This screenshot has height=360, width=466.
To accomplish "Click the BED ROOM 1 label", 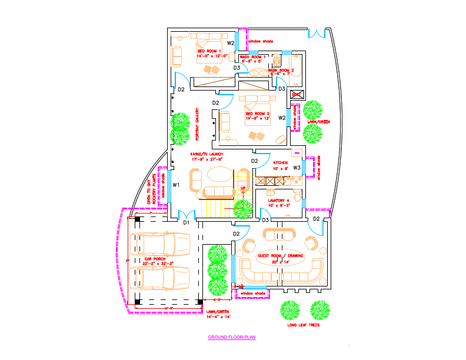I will (209, 51).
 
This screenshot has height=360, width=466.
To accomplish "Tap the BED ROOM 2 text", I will (258, 114).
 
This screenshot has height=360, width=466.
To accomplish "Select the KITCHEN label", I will (280, 162).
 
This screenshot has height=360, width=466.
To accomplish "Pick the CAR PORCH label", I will (155, 259).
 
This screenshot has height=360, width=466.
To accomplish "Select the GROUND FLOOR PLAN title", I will (232, 338).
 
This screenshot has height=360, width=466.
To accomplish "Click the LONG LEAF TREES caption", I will (304, 324).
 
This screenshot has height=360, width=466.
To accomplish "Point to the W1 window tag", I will (176, 185).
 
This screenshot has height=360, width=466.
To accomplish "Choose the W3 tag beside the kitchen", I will (297, 168).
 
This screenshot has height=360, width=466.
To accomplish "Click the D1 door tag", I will (186, 222).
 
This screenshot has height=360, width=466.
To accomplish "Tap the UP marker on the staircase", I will (242, 188).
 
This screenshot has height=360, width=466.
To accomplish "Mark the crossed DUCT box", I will (297, 94).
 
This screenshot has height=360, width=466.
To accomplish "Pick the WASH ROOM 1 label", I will (253, 57).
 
